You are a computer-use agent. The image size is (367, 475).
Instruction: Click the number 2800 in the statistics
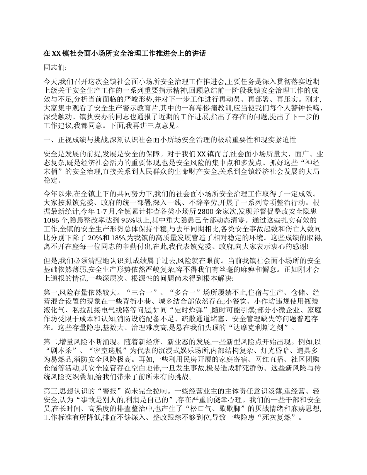tap(205, 211)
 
